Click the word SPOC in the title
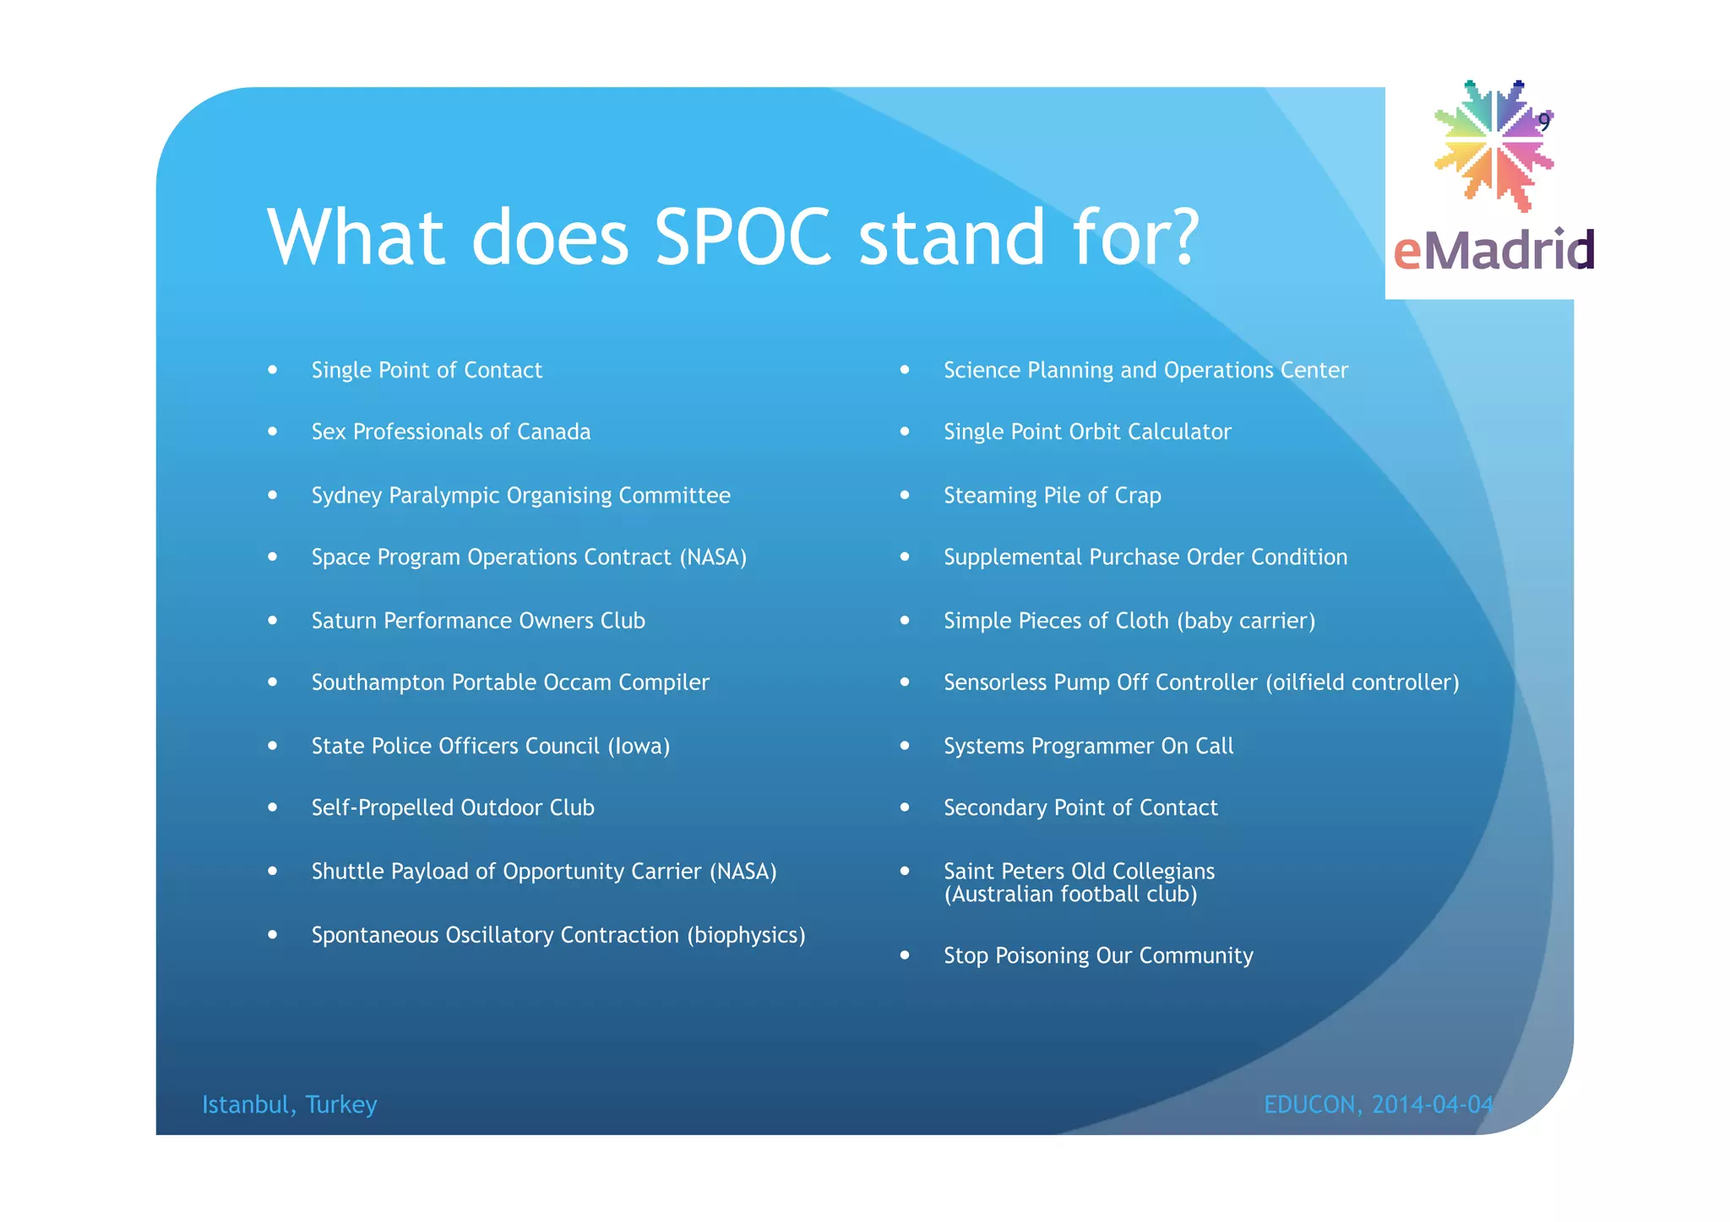point(743,237)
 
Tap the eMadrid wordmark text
point(1493,251)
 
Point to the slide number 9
point(1543,122)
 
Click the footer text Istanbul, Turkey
point(289,1105)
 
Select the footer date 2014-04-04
point(1433,1105)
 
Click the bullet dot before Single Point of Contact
point(272,369)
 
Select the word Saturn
point(344,621)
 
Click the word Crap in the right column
point(1137,496)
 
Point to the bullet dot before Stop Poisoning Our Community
point(905,955)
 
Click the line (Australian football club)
point(1070,894)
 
